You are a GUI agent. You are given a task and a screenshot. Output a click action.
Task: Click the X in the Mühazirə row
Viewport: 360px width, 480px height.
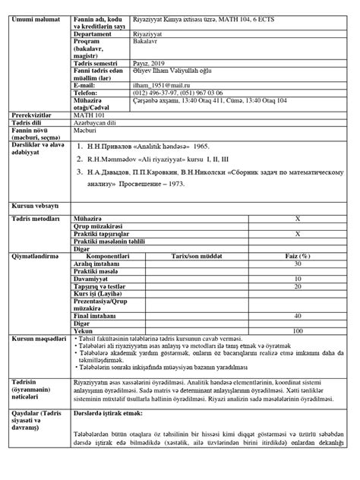click(297, 217)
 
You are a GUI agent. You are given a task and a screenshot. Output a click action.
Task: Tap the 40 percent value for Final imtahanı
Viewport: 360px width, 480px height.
click(297, 314)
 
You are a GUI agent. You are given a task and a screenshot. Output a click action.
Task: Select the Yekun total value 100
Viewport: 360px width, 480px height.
click(297, 331)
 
